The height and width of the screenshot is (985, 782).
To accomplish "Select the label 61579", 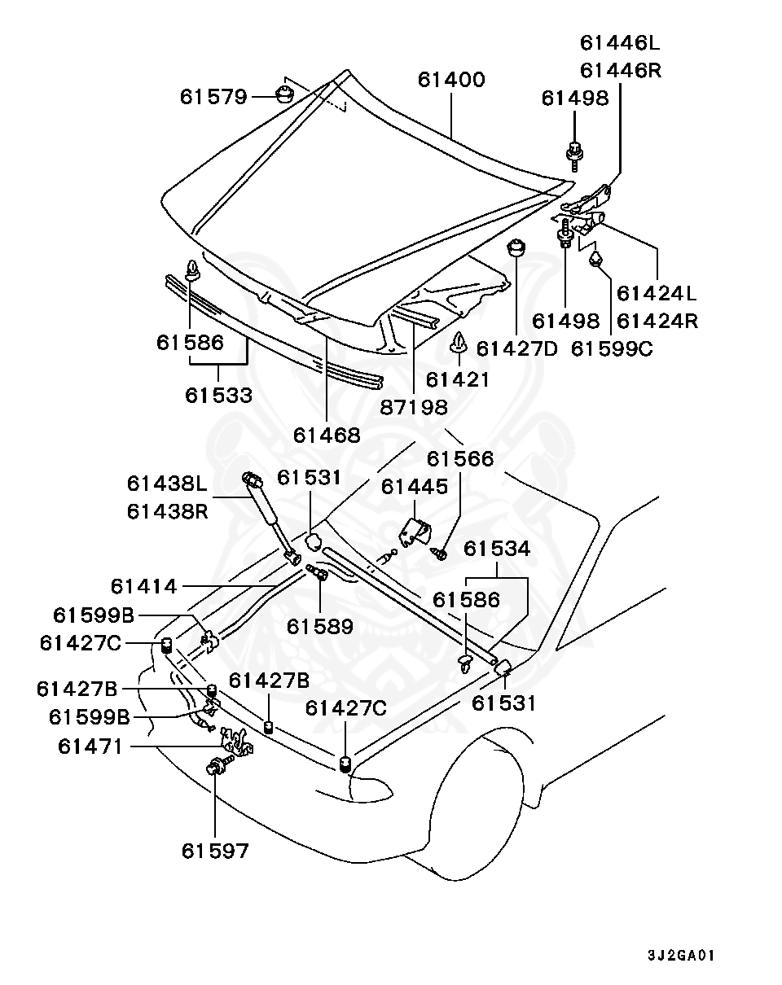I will click(213, 97).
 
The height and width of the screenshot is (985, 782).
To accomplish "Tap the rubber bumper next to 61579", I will click(283, 93).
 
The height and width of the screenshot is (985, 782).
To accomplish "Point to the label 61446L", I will click(620, 42).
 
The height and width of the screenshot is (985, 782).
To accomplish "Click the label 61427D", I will click(516, 348).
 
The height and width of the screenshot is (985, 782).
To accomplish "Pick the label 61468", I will click(327, 435).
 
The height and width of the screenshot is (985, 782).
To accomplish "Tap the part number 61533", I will click(218, 396).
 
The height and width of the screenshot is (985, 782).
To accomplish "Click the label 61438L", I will click(167, 484).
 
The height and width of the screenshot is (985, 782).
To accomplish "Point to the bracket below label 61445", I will click(415, 532).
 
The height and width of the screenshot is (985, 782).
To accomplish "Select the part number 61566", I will click(459, 459).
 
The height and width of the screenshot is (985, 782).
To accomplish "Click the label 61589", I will click(319, 626).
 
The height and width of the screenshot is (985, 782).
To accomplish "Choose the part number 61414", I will click(144, 585).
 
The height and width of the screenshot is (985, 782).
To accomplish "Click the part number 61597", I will click(214, 851).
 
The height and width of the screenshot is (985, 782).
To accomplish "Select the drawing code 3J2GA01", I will click(681, 955).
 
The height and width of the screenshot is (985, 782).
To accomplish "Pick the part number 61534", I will click(497, 549).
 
